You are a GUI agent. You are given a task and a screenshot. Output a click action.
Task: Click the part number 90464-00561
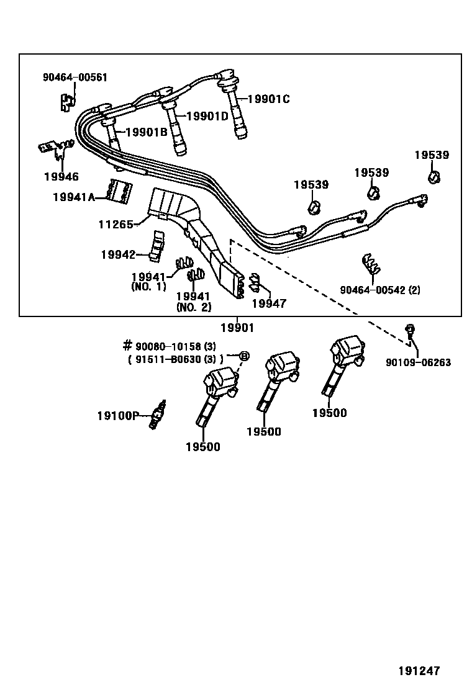pos(75,78)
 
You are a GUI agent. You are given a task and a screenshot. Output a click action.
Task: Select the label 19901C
pos(268,99)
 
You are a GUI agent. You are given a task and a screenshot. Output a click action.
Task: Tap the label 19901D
pos(207,116)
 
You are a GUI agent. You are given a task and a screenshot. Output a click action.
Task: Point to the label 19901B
pos(146,132)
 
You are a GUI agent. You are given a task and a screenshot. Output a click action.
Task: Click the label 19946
pos(61,176)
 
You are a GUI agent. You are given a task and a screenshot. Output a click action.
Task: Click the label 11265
pos(116,224)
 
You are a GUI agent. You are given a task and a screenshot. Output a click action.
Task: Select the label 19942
pos(118,254)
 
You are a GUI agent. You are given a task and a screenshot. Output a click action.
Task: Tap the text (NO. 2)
pos(194,307)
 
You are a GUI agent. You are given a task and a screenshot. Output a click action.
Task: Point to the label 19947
pos(269,303)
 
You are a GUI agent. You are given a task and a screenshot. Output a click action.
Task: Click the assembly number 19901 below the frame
pos(237,328)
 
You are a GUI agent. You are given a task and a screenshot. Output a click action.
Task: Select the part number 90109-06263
pos(418,362)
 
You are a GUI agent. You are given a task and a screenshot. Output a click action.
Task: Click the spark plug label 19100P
pos(117,416)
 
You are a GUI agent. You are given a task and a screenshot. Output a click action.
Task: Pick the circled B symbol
pos(244,356)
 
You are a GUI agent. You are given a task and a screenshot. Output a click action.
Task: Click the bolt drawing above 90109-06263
pos(409,330)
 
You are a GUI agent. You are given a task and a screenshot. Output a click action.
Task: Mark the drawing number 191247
pos(419,671)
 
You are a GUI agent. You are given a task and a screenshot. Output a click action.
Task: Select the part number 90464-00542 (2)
pos(379,290)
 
